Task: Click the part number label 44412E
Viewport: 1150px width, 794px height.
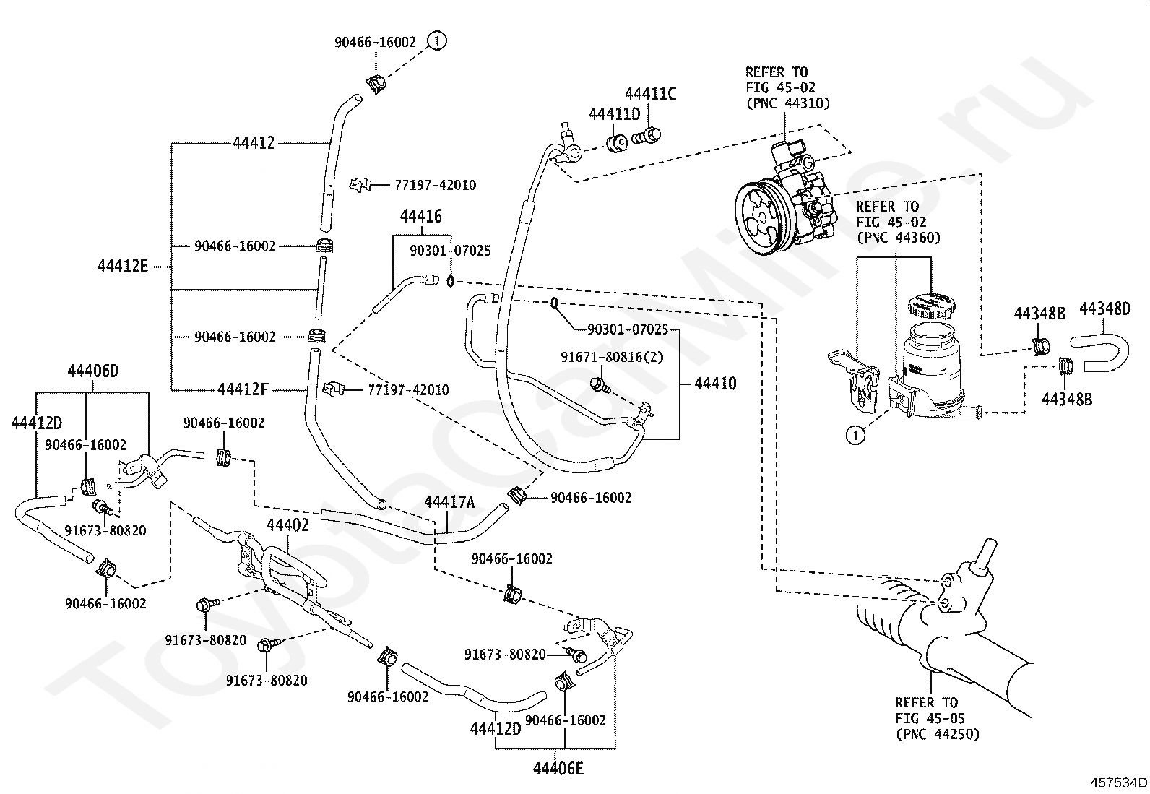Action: (123, 267)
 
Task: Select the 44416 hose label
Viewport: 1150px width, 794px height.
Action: (421, 217)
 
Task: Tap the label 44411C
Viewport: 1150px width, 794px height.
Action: (651, 94)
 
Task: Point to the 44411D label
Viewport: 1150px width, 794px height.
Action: (615, 114)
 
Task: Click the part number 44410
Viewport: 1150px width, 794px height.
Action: (715, 384)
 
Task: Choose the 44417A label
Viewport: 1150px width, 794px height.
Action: (449, 502)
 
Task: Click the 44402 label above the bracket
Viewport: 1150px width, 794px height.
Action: (287, 525)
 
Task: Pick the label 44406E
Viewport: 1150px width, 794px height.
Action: (558, 768)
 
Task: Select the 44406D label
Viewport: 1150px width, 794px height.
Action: (92, 372)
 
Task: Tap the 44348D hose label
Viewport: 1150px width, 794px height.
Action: (1104, 310)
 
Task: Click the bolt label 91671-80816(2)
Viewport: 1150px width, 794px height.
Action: (612, 357)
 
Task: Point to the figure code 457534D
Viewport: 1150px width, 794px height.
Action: (1119, 782)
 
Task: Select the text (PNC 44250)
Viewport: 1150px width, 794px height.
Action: (936, 735)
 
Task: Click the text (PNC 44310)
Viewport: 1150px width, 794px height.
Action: (787, 103)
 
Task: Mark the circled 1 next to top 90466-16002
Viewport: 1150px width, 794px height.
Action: (437, 41)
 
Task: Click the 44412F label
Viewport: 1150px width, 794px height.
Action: (243, 390)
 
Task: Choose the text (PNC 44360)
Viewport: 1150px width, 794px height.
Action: (898, 238)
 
